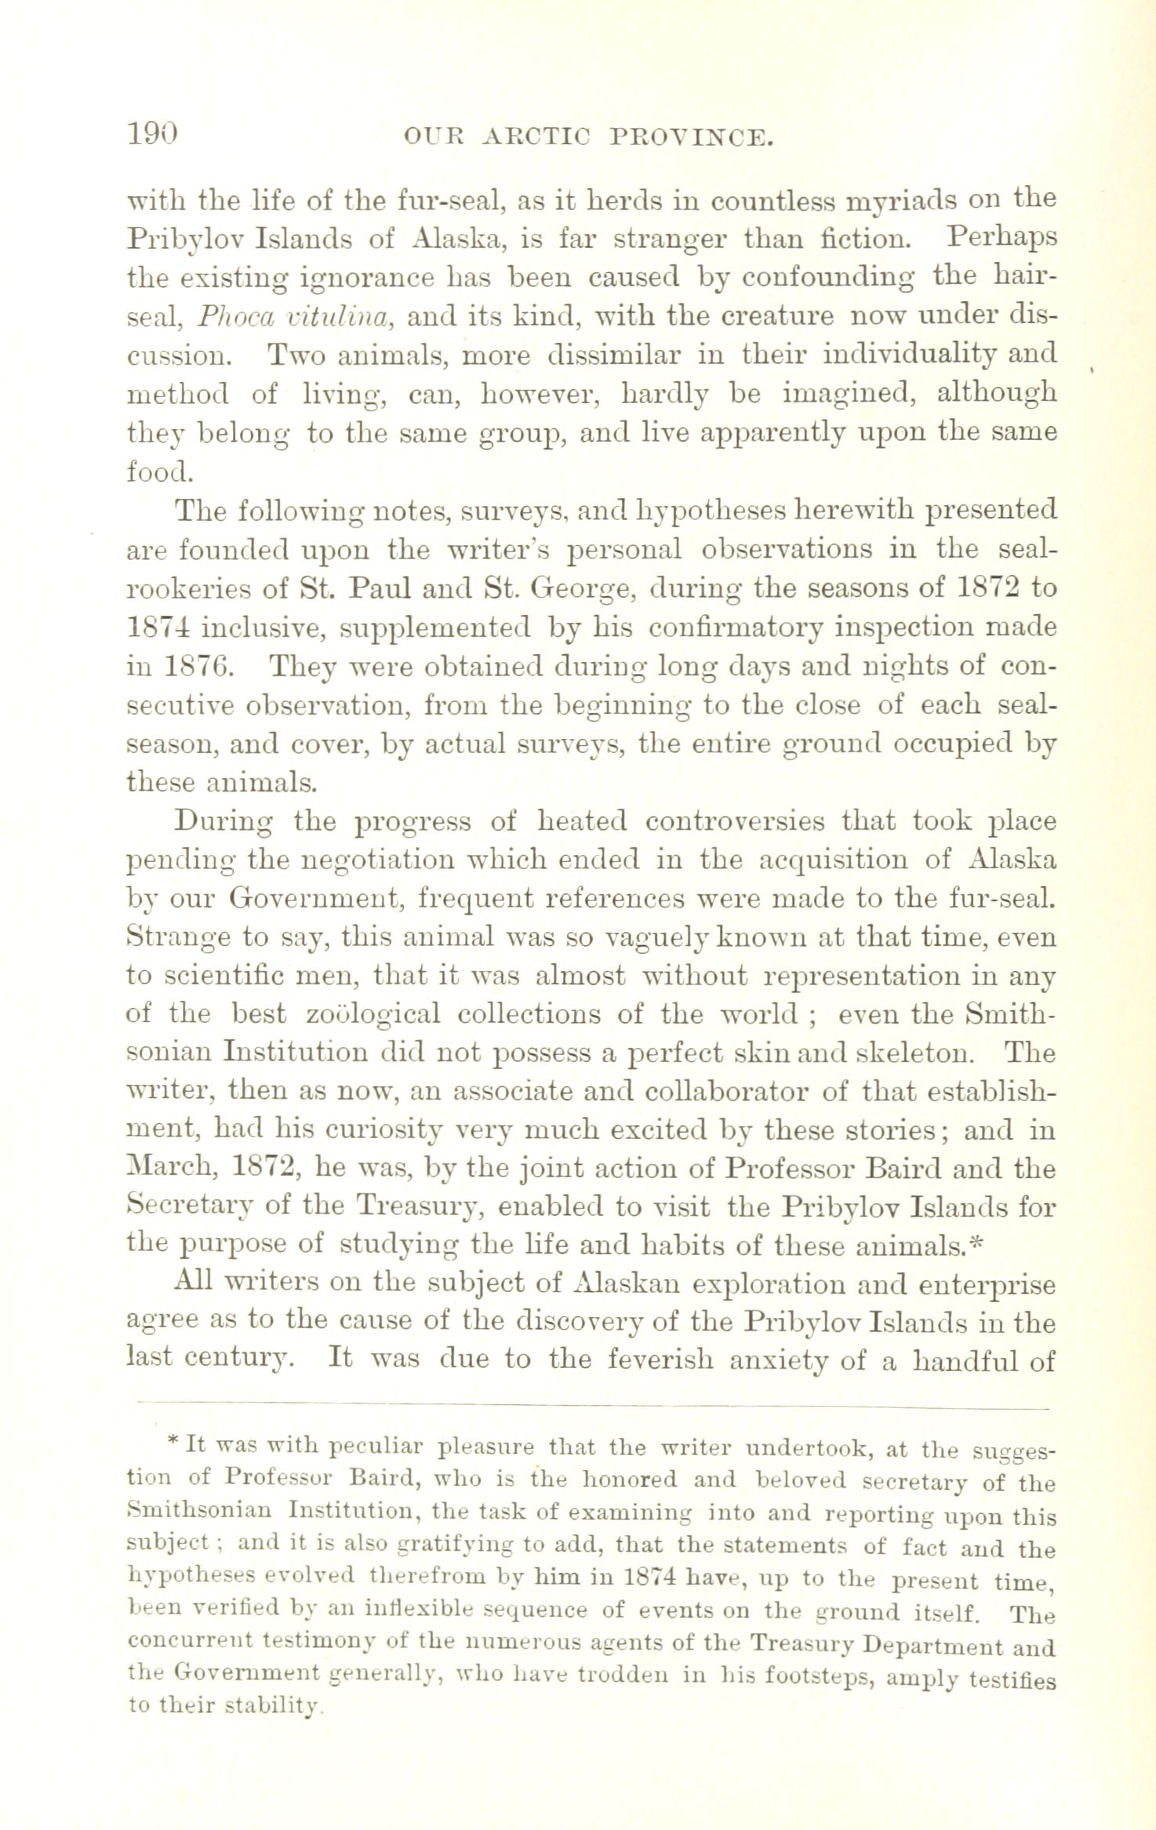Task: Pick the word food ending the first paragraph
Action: pos(157,471)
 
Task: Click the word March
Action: pos(170,1170)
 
